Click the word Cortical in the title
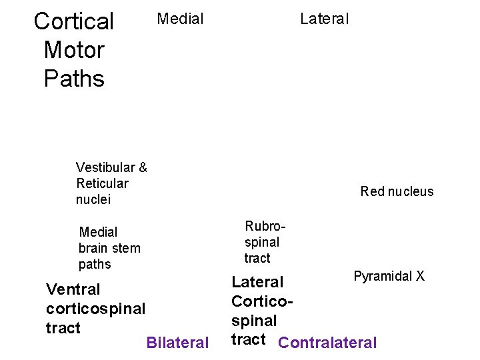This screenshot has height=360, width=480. (x=74, y=21)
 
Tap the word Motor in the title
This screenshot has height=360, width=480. (x=74, y=50)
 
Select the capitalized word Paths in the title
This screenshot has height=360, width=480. (x=74, y=79)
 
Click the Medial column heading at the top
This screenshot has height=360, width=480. (x=180, y=19)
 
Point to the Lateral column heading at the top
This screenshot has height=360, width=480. (x=324, y=19)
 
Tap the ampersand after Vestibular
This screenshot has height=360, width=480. (x=143, y=167)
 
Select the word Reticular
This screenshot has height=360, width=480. (x=102, y=183)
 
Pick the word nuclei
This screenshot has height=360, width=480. (x=93, y=199)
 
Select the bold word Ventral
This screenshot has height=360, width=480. (x=73, y=289)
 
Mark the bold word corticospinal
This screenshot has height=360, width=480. (x=95, y=309)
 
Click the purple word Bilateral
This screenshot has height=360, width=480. (x=177, y=343)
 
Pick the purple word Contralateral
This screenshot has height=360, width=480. (x=327, y=343)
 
